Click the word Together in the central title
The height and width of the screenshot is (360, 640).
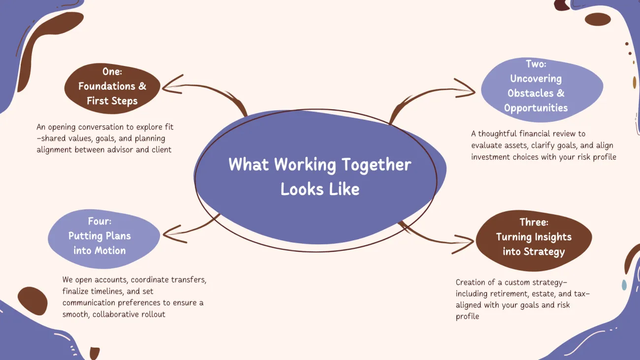376,165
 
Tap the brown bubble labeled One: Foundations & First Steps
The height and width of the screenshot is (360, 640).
112,88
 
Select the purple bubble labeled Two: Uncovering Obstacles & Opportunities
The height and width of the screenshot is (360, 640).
542,90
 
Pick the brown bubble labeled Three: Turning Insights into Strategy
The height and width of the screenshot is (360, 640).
534,240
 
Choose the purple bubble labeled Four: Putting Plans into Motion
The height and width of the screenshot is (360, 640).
104,239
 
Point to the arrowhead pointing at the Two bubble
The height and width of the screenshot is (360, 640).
465,89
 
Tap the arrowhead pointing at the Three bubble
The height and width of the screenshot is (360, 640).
463,244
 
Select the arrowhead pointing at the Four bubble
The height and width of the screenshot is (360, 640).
175,234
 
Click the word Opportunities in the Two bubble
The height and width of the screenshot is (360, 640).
536,108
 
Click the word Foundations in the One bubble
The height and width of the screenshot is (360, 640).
106,86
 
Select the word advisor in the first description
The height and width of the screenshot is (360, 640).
120,150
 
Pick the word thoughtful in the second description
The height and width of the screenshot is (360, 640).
497,134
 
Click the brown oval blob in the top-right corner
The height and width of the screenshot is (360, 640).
598,19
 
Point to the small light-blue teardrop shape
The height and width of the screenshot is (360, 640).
624,285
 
